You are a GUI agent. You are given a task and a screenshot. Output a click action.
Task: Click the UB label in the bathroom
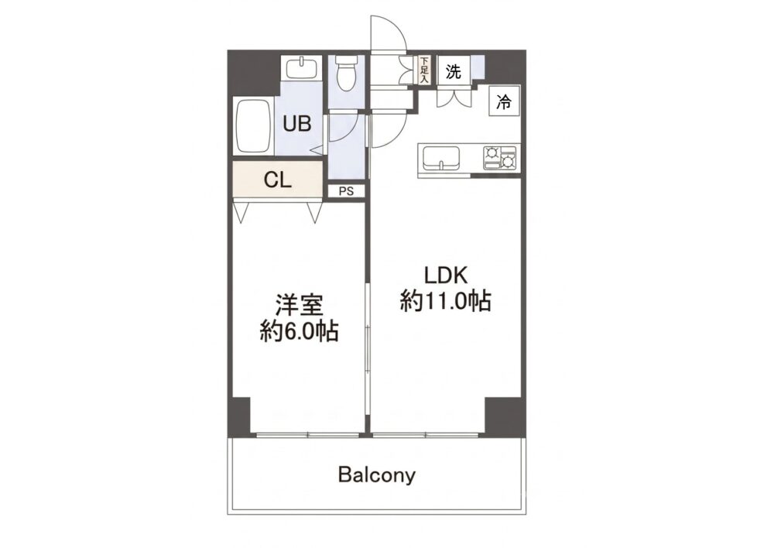click(297, 123)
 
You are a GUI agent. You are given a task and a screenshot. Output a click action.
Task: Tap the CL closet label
click(277, 180)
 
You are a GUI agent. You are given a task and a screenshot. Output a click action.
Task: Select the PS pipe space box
click(347, 191)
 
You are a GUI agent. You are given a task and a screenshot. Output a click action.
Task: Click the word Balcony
click(377, 475)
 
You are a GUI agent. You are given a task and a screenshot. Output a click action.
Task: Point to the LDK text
click(446, 275)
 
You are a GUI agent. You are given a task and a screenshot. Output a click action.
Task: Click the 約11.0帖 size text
click(445, 300)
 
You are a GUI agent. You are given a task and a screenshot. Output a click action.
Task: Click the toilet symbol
click(345, 74)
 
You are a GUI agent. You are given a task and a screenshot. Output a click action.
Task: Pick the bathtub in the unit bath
click(253, 128)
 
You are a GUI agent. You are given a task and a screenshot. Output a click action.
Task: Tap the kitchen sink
click(440, 158)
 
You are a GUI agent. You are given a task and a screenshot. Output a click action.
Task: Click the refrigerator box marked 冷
click(505, 101)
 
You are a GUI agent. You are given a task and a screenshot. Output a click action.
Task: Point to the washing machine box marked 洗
click(454, 71)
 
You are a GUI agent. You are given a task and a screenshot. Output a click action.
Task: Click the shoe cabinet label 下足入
click(423, 69)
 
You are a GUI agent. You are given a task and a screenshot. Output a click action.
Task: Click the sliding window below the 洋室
click(308, 434)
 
